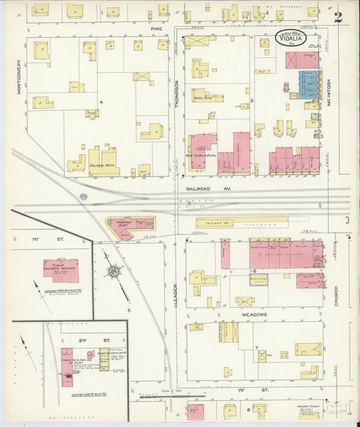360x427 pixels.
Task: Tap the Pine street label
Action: tap(157, 29)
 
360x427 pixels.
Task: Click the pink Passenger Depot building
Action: tap(128, 226)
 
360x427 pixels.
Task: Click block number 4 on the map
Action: tap(101, 103)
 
